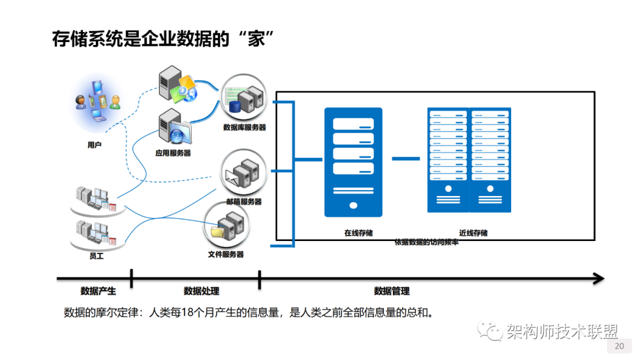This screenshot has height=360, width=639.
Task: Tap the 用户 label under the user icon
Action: click(x=95, y=144)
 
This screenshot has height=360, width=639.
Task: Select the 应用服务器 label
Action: click(x=173, y=153)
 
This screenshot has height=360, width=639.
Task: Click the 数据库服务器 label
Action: click(x=244, y=127)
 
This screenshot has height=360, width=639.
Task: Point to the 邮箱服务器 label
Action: click(x=244, y=201)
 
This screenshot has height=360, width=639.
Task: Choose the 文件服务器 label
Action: click(x=225, y=255)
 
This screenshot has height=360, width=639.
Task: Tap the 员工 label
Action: click(x=96, y=256)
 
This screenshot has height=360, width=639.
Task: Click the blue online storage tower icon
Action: click(x=353, y=161)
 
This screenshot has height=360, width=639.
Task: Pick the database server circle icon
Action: click(x=244, y=98)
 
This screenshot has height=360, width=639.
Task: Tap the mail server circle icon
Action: click(x=243, y=172)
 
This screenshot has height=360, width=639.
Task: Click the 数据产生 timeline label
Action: click(x=98, y=291)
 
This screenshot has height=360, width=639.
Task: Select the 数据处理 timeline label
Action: click(x=201, y=291)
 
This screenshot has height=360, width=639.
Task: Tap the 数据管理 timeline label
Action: click(x=392, y=291)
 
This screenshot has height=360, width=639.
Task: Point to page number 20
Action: click(x=619, y=346)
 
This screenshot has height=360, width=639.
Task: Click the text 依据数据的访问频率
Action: click(x=426, y=242)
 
